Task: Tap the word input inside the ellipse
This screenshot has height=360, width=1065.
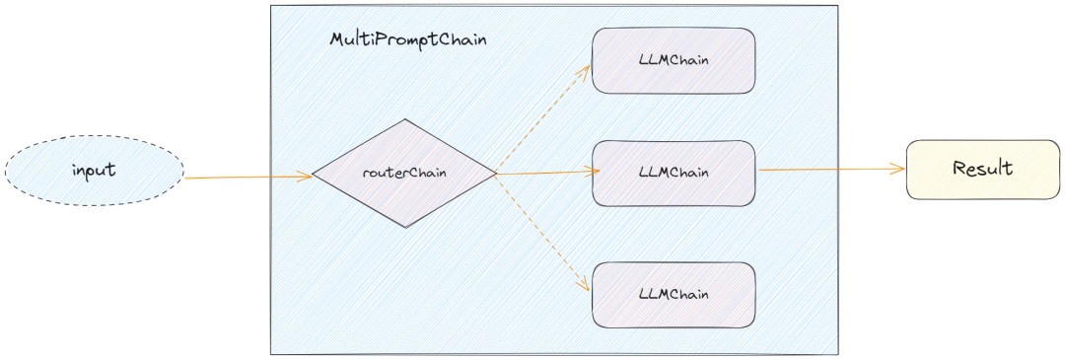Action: pos(94,170)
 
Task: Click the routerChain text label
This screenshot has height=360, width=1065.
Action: pos(404,173)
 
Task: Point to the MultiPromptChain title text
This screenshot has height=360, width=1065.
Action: pos(407,41)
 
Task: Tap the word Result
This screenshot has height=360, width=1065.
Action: pos(983,168)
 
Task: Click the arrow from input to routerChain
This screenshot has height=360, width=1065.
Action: pos(247,178)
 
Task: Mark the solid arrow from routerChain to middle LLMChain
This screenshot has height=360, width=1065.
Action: pos(547,173)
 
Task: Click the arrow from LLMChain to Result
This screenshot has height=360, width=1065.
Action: pos(828,170)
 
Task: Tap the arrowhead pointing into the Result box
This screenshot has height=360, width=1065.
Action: pos(898,170)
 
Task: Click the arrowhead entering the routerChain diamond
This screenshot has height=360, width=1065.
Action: pos(306,178)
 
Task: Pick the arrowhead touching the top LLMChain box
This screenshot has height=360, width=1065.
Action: pos(586,70)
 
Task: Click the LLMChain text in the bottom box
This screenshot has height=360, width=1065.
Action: pos(674,294)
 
